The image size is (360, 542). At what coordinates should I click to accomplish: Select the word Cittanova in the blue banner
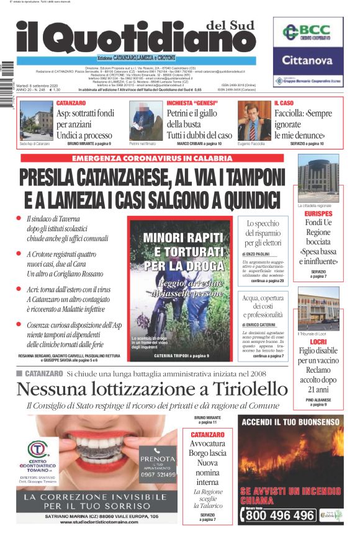[308, 61]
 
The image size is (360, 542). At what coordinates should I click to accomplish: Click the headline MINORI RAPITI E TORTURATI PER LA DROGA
[180, 251]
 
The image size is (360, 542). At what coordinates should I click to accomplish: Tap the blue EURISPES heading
[318, 213]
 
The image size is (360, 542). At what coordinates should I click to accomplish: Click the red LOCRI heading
[318, 342]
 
